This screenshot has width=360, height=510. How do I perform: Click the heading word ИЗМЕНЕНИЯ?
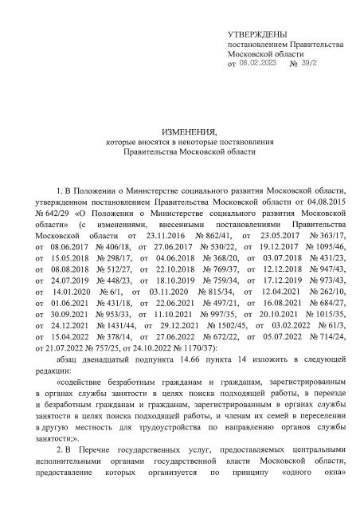(180, 131)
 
